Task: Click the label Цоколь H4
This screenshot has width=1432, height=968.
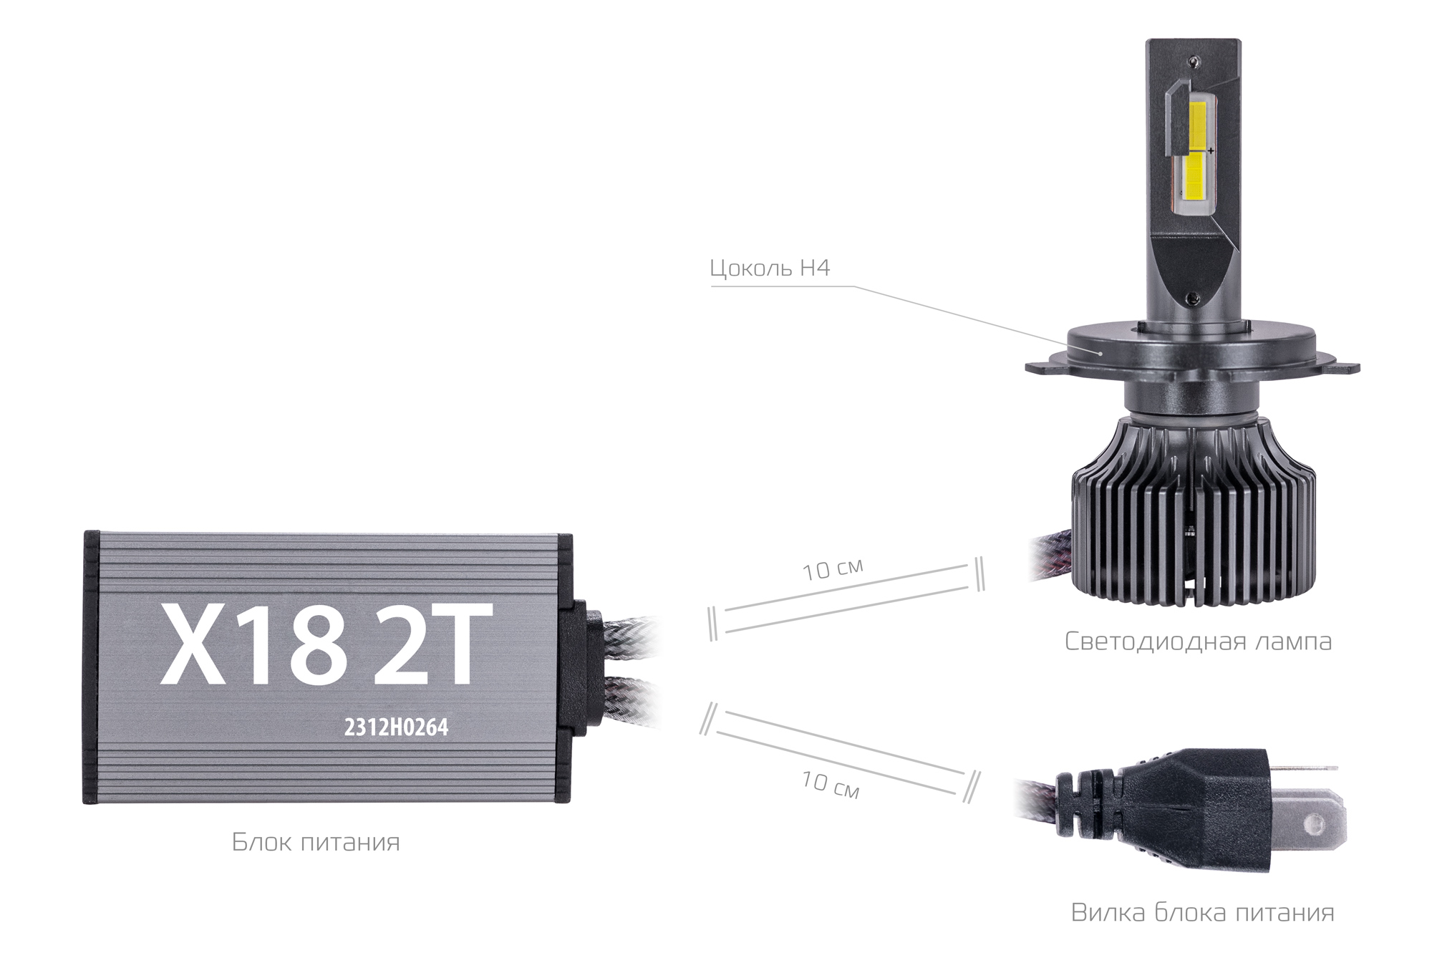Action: (769, 268)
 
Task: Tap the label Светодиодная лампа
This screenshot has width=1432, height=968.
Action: (1197, 641)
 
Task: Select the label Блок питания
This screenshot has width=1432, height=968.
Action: (315, 841)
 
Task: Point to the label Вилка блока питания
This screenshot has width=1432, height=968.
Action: (1202, 912)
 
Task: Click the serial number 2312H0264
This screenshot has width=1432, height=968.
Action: (396, 727)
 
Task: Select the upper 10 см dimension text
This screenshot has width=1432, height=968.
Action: (832, 570)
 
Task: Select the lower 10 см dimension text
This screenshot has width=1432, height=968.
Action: (830, 784)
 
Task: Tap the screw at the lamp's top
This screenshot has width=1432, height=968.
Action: (1193, 62)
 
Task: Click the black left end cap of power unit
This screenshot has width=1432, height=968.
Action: (91, 667)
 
